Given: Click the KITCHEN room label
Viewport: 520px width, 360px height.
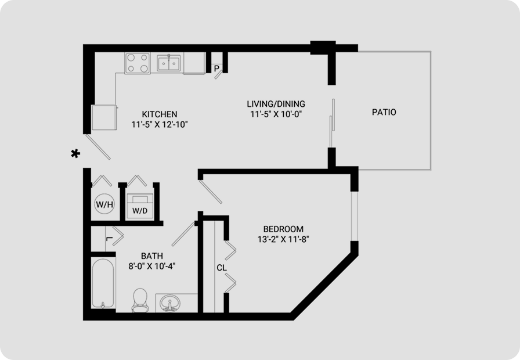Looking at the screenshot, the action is [x=160, y=114].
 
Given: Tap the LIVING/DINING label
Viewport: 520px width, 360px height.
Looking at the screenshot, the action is [x=276, y=104].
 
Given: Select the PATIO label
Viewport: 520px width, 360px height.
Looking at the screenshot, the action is [x=384, y=112].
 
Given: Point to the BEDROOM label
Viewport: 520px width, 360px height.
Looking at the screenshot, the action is [x=283, y=229].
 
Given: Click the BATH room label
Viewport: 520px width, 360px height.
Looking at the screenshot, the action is [x=152, y=256].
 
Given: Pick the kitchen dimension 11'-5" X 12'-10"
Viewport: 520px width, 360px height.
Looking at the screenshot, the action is [x=160, y=125].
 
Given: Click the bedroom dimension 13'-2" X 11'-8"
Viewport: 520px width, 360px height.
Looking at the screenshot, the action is [x=283, y=239].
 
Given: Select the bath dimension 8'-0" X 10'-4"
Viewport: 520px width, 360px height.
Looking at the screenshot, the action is [x=152, y=266].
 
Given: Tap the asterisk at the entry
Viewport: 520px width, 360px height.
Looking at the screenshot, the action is [x=75, y=154].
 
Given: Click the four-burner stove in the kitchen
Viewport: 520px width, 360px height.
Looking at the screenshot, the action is [x=138, y=63].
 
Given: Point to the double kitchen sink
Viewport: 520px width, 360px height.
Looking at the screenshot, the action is [x=169, y=63].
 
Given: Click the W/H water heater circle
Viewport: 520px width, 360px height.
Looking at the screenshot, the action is [x=104, y=204].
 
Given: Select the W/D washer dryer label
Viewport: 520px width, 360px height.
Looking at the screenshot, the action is [x=140, y=211].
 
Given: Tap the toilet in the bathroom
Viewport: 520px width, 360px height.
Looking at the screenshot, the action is [x=140, y=300].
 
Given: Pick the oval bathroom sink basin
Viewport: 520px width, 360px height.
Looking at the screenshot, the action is [x=170, y=304].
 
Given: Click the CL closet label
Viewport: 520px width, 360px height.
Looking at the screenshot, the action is [x=222, y=268].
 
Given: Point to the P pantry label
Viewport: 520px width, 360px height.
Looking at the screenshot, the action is [x=216, y=69].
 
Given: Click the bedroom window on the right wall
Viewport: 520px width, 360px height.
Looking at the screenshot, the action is [x=355, y=216].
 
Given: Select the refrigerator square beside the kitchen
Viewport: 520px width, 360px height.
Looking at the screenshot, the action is [x=104, y=117].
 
